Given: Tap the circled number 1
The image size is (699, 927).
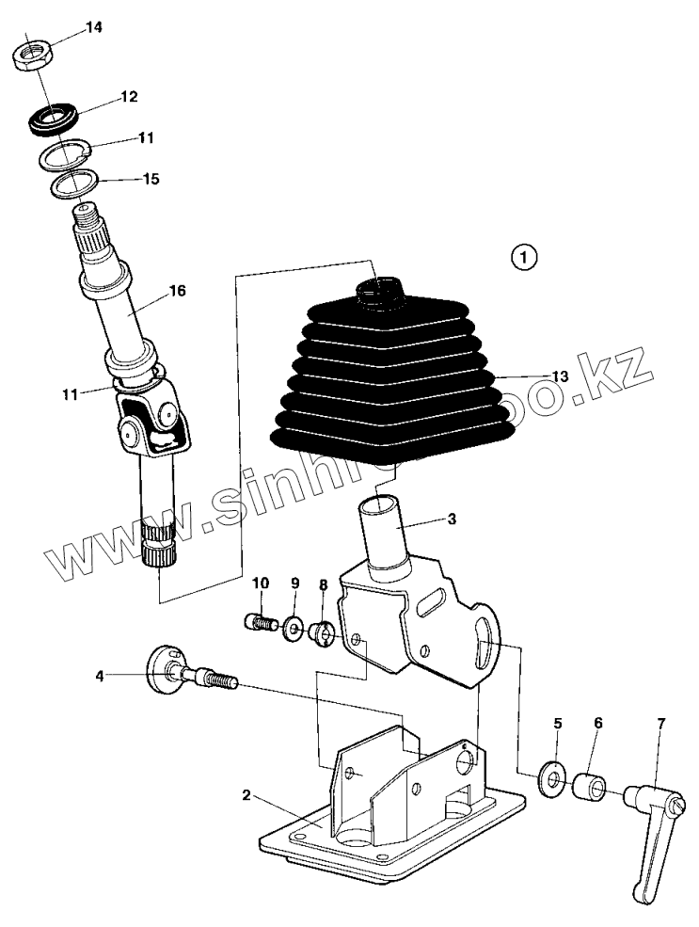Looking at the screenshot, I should tap(525, 254).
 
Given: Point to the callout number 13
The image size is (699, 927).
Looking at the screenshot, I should tap(560, 376).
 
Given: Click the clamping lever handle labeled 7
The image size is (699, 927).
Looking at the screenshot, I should tap(655, 828).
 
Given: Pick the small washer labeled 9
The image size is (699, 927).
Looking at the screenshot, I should tap(294, 628).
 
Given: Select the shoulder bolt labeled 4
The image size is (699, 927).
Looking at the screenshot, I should tap(188, 675).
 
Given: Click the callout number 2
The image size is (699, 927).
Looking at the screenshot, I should tap(246, 795).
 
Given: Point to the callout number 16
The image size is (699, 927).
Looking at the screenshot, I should tap(177, 292).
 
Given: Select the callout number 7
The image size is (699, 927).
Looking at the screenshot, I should tap(660, 724).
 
